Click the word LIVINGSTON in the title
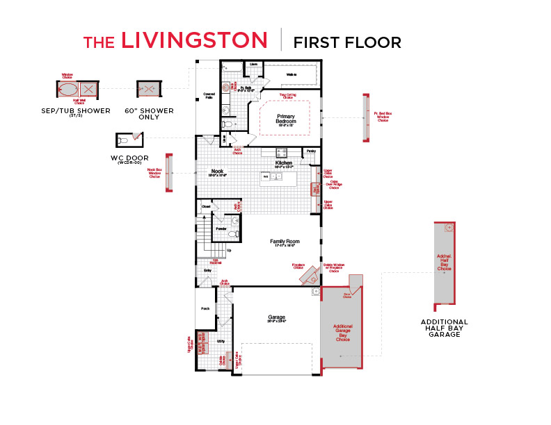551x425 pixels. pyautogui.click(x=194, y=40)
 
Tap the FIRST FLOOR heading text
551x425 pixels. pyautogui.click(x=347, y=42)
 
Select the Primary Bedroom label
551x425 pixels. pyautogui.click(x=287, y=119)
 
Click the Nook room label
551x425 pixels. pyautogui.click(x=217, y=172)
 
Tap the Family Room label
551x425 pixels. pyautogui.click(x=283, y=242)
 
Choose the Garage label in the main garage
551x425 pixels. pyautogui.click(x=276, y=318)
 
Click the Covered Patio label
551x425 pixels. pyautogui.click(x=208, y=95)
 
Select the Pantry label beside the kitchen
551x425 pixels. pyautogui.click(x=311, y=151)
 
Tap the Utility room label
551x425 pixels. pyautogui.click(x=221, y=342)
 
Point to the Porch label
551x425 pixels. pyautogui.click(x=205, y=309)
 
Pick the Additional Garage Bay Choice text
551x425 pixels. pyautogui.click(x=342, y=333)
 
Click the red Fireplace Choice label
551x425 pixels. pyautogui.click(x=298, y=266)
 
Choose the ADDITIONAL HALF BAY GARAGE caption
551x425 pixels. pyautogui.click(x=444, y=328)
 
